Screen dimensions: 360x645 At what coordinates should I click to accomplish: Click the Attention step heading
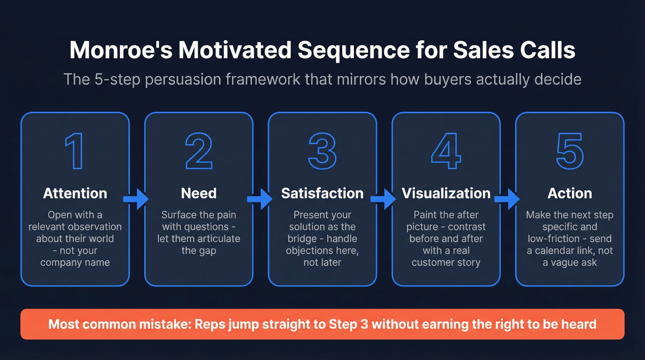(x=75, y=193)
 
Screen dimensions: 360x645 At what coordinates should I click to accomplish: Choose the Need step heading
(x=199, y=193)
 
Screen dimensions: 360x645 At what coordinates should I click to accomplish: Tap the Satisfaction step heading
(x=322, y=193)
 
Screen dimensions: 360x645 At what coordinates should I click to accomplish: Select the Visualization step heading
(x=446, y=193)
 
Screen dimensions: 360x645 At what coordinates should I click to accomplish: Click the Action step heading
(x=569, y=193)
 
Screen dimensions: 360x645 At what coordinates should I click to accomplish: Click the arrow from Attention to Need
(x=136, y=199)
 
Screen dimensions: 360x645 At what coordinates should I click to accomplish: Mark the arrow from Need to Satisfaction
(x=260, y=199)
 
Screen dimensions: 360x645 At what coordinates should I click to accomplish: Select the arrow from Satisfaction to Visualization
(x=384, y=199)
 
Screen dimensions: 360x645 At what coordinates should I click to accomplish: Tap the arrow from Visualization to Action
(x=507, y=199)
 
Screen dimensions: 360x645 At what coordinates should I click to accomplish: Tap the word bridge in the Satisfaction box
(x=301, y=239)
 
